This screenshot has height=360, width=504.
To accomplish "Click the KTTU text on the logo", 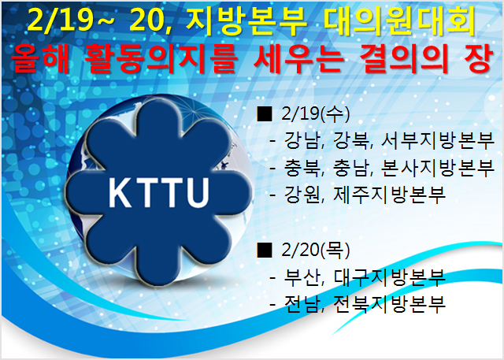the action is click(159, 192).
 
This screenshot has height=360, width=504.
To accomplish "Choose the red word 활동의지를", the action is click(161, 58).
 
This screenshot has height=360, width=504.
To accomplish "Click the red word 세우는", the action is click(297, 58).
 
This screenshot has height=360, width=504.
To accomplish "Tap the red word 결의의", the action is click(403, 58).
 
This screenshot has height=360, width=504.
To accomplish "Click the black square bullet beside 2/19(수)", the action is click(265, 113).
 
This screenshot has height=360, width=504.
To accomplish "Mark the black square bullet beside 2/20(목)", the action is click(265, 250).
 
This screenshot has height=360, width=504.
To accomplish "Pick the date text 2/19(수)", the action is click(315, 113).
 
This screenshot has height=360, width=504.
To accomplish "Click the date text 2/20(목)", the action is click(315, 250).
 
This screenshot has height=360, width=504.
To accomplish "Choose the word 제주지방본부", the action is click(390, 195).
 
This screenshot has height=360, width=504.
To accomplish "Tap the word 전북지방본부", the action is click(390, 304).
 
